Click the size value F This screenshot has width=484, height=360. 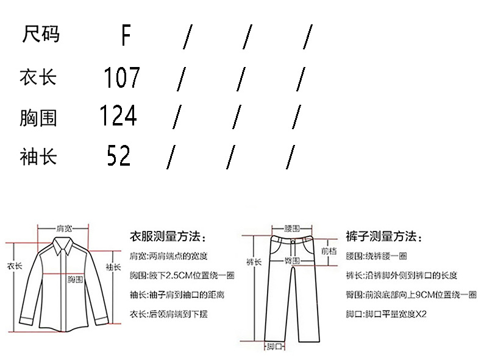coord(126,35)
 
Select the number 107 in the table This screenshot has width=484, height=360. coord(121,77)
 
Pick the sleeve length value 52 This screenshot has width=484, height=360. coord(118,155)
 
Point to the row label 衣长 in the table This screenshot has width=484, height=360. coord(38,77)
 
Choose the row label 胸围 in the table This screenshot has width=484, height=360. coord(38,116)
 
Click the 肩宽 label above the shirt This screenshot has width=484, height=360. coord(64,228)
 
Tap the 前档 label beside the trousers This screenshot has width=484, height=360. coord(329,250)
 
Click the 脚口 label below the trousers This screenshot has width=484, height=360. coord(274,347)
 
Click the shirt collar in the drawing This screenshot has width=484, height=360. coord(63,244)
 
